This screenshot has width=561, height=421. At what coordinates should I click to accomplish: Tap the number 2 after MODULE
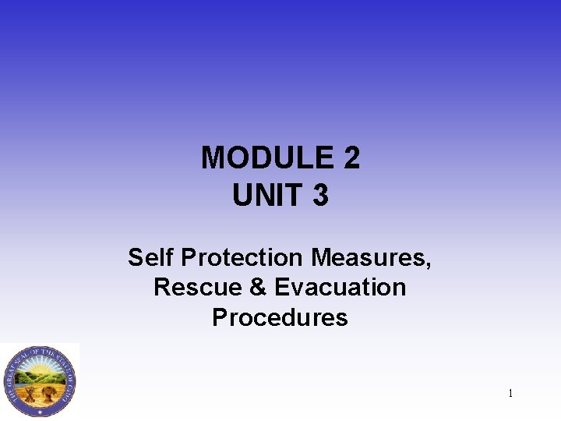tap(350, 158)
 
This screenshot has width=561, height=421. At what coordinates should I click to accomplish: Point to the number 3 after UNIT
tap(319, 195)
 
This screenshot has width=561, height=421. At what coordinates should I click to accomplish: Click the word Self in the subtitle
tap(149, 256)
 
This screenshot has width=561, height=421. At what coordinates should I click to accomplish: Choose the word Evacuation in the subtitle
tap(340, 287)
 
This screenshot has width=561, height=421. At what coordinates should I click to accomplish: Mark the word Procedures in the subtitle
tap(280, 317)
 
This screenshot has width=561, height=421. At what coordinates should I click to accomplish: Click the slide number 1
tap(510, 394)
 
